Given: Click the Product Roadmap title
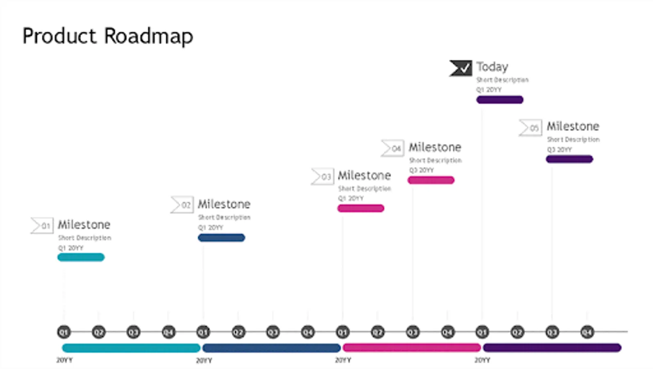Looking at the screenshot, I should point(107,36).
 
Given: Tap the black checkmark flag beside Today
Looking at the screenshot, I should point(460,68).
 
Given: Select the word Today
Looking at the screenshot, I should point(492,67).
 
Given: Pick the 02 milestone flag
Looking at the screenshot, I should point(182,205).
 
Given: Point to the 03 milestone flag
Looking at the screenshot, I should point(322,177).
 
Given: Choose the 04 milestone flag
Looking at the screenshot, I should point(392,148).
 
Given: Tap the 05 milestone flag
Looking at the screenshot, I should point(531,128).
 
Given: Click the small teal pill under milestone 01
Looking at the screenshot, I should point(81,257).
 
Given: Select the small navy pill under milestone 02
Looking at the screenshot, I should point(221,238).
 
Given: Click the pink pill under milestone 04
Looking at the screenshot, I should point(431,180).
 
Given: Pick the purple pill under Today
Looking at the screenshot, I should point(499,100).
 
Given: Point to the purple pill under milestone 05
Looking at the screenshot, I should point(569,159).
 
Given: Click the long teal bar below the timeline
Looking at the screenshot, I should point(131,348).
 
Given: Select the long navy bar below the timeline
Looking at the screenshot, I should point(271,348).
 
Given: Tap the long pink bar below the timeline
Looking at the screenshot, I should point(412,348).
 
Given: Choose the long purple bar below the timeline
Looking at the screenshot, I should point(552,348).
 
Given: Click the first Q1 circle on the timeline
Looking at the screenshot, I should point(64,332).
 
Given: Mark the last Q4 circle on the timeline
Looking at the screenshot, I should point(587,332).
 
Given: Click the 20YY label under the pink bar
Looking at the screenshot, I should point(343,360).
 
